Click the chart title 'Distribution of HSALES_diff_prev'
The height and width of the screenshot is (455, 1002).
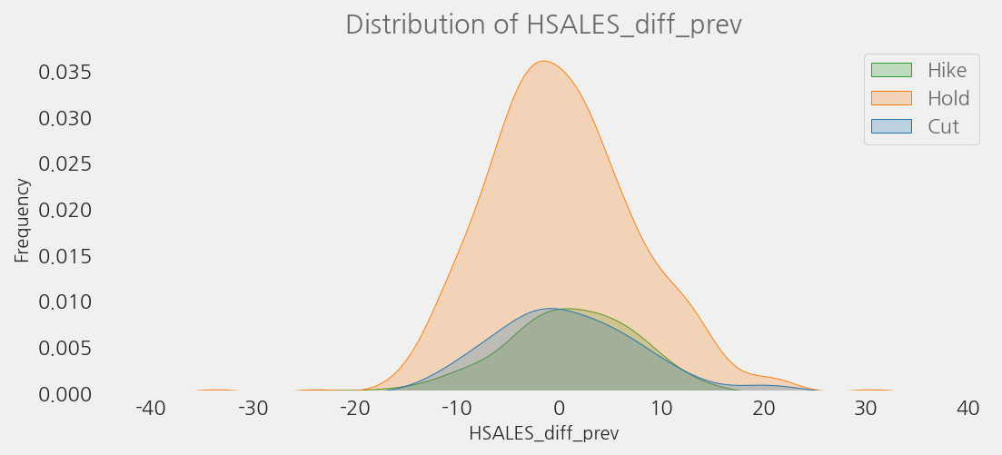[543, 25]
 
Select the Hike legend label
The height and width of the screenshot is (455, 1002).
[947, 69]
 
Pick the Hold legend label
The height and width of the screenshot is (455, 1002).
[948, 98]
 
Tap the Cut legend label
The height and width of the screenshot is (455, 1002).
[943, 126]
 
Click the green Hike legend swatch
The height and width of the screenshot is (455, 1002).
[890, 70]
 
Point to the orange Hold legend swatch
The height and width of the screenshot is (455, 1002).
[890, 98]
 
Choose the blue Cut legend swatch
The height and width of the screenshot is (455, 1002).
[890, 126]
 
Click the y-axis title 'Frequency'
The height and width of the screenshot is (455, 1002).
[22, 221]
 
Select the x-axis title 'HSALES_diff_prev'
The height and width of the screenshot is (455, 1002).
[543, 434]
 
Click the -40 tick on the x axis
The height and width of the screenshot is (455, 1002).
[150, 409]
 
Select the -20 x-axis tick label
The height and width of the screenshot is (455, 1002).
[355, 409]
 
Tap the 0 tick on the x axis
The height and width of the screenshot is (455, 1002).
[560, 409]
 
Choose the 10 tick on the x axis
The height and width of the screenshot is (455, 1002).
[661, 409]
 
